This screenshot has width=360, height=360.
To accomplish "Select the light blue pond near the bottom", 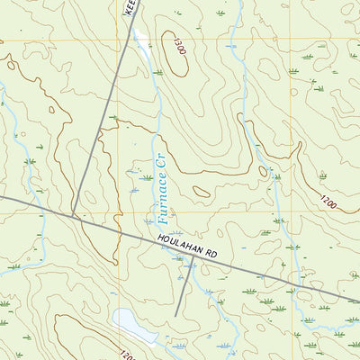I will (x=130, y=323).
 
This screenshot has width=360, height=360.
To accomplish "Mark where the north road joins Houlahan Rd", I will (x=73, y=215).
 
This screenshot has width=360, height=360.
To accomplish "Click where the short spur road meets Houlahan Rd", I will (x=192, y=260).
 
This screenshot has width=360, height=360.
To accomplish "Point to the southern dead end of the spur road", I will (x=176, y=314).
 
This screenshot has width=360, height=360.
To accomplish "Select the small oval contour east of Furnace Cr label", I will (x=202, y=191).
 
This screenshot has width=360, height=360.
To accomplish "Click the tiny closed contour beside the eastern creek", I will (x=263, y=170).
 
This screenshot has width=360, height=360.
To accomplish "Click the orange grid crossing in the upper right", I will (x=291, y=40).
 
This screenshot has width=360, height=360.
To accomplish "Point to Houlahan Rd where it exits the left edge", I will (x=3, y=197).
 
